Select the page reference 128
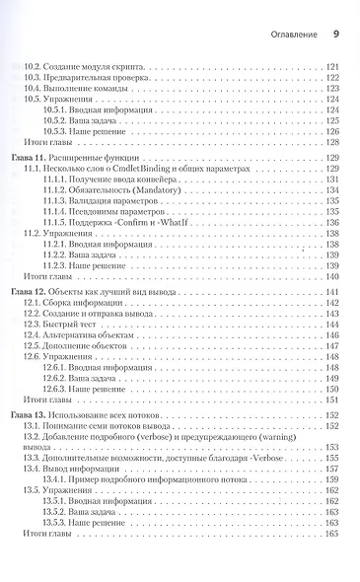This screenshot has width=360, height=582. pos(330,141)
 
